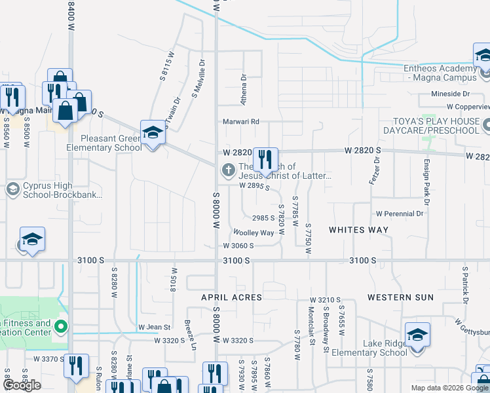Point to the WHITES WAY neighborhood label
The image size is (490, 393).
click(358, 230)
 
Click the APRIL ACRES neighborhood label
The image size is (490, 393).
click(231, 297)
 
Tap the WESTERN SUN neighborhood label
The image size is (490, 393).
click(400, 297)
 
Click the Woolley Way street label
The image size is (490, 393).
click(254, 233)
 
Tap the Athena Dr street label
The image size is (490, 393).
click(243, 90)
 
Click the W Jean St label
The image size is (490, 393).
click(154, 327)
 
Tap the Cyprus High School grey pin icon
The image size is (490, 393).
click(12, 189)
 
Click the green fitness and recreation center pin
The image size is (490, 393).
click(61, 326)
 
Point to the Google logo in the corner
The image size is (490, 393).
click(22, 386)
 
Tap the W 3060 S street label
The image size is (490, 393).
click(238, 246)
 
